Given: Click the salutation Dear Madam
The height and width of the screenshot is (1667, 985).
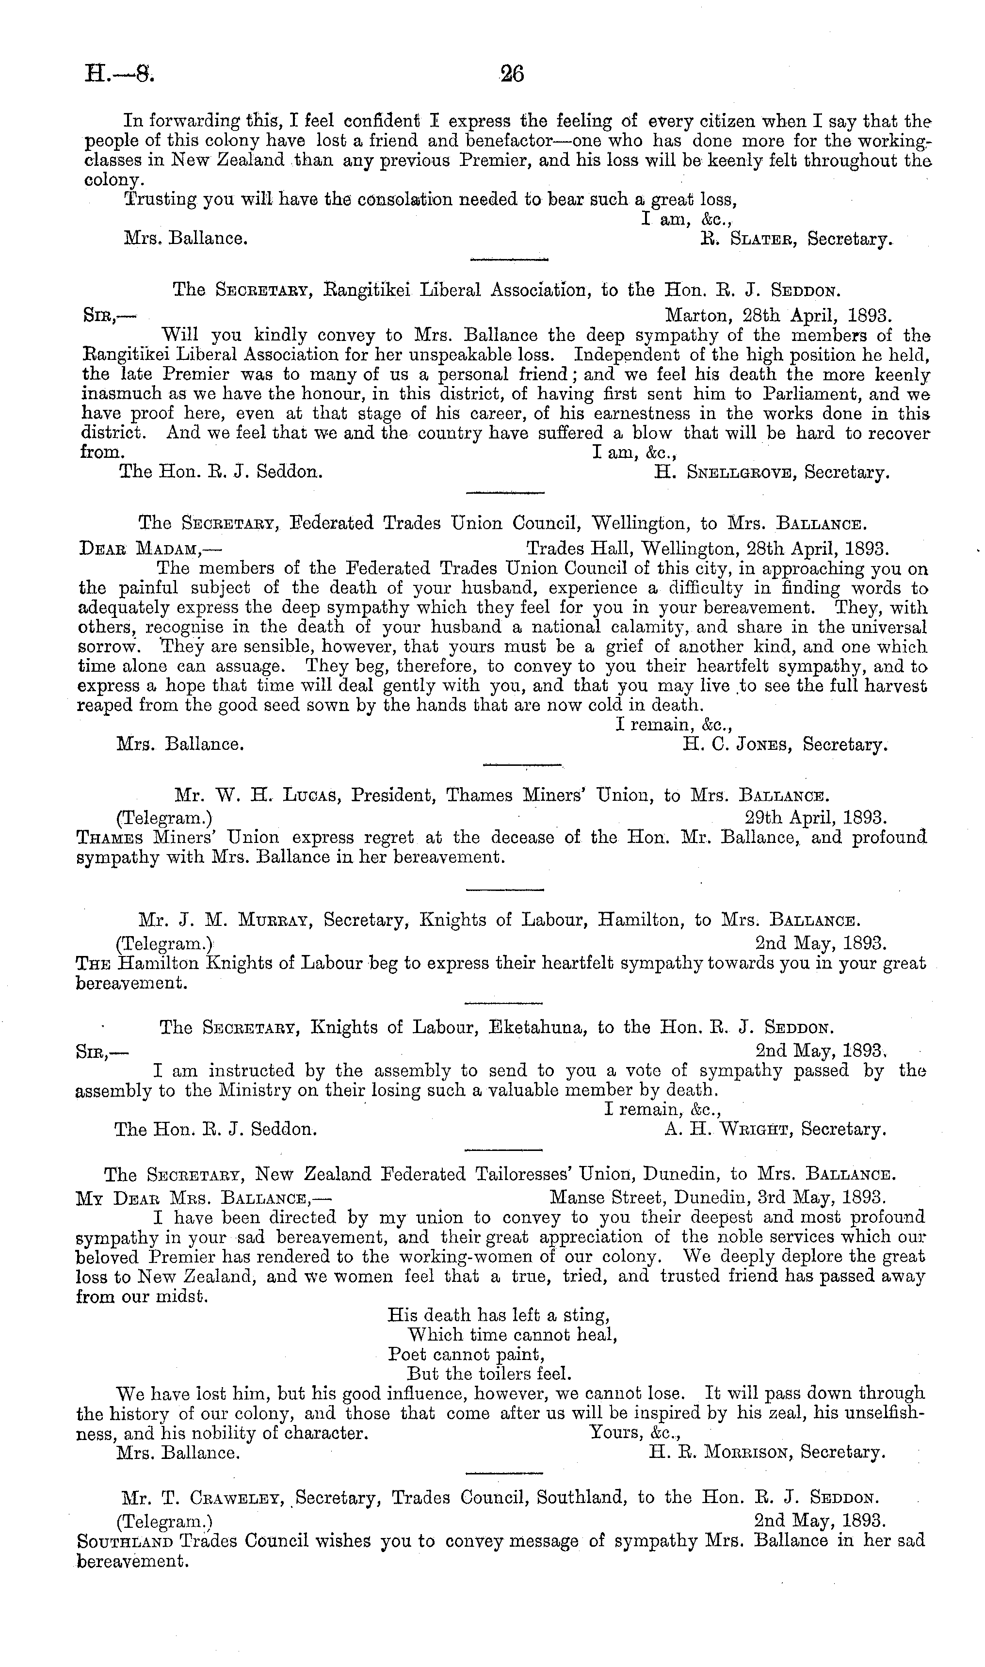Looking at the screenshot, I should (149, 550).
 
